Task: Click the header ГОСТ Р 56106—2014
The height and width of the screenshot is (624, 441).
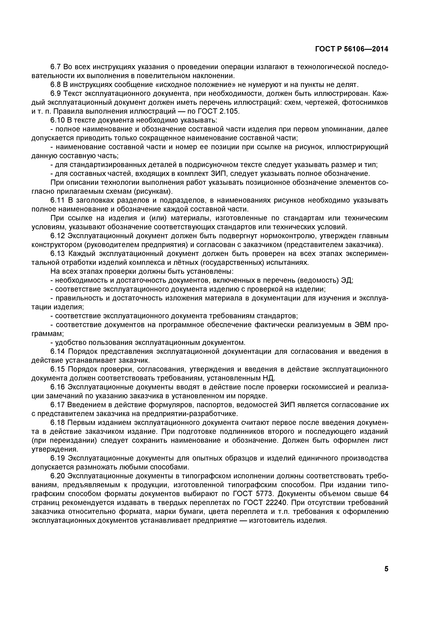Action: pos(352,49)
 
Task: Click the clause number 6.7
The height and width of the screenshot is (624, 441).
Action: pos(57,67)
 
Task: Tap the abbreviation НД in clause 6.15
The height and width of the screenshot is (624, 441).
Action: pos(269,378)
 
